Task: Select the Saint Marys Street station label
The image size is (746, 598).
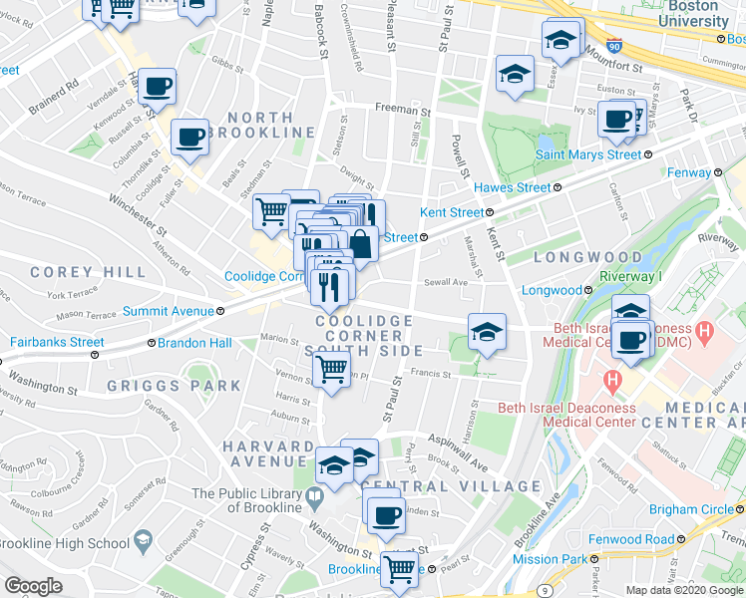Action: tap(587, 154)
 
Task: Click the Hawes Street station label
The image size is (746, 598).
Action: tap(512, 186)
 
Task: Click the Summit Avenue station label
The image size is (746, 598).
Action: tap(168, 311)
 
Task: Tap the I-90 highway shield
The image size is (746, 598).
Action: tap(612, 46)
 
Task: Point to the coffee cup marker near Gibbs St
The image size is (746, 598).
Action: tap(157, 87)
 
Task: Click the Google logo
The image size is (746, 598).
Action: tap(32, 586)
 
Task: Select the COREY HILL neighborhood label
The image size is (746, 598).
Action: tap(75, 271)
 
